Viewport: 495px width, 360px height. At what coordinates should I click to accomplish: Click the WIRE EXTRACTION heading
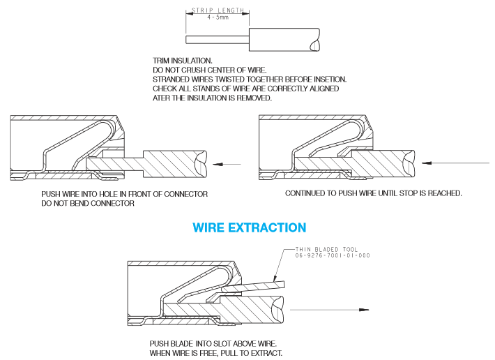250,227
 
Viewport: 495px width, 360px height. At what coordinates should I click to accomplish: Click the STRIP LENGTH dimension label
218,10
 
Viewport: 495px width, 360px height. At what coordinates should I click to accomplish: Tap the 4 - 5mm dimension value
218,17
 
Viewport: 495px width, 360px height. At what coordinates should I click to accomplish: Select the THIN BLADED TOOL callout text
326,250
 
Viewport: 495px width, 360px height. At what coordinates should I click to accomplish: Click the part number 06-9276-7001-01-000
333,255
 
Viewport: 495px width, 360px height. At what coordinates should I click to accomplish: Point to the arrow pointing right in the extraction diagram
329,310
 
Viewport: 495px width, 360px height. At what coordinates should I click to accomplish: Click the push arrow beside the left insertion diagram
227,164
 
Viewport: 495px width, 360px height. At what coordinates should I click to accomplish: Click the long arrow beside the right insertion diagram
455,163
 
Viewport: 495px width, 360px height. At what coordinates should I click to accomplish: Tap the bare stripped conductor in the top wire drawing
218,40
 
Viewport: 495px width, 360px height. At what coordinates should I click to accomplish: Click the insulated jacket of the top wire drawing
284,40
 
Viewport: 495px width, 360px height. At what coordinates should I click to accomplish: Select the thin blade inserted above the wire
253,287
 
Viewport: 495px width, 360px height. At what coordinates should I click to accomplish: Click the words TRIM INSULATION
183,61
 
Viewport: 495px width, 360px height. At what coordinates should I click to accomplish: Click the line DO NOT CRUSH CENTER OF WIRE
210,70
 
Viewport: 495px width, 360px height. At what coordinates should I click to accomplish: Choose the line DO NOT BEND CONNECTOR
88,203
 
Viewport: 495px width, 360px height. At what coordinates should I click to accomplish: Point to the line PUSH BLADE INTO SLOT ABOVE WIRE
213,343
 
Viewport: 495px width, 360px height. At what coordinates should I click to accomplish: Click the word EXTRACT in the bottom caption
267,353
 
